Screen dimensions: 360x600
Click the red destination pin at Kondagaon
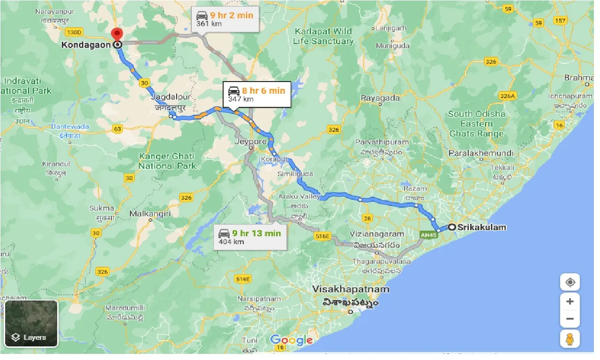pos(116,35)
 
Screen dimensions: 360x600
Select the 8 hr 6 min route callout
pos(256,94)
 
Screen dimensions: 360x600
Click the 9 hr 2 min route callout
pos(225,19)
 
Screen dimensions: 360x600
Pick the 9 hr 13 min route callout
pos(249,237)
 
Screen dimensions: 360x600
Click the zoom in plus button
pos(570,301)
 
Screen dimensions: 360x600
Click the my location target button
pos(570,282)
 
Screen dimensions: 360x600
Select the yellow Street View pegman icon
pos(570,338)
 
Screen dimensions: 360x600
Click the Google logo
pos(291,340)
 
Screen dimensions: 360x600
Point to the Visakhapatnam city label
pos(351,289)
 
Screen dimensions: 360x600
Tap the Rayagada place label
pos(380,98)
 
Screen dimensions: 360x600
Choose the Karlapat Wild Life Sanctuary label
pos(323,36)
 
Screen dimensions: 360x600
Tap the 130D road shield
pos(74,32)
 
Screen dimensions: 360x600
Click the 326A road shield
pos(507,96)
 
